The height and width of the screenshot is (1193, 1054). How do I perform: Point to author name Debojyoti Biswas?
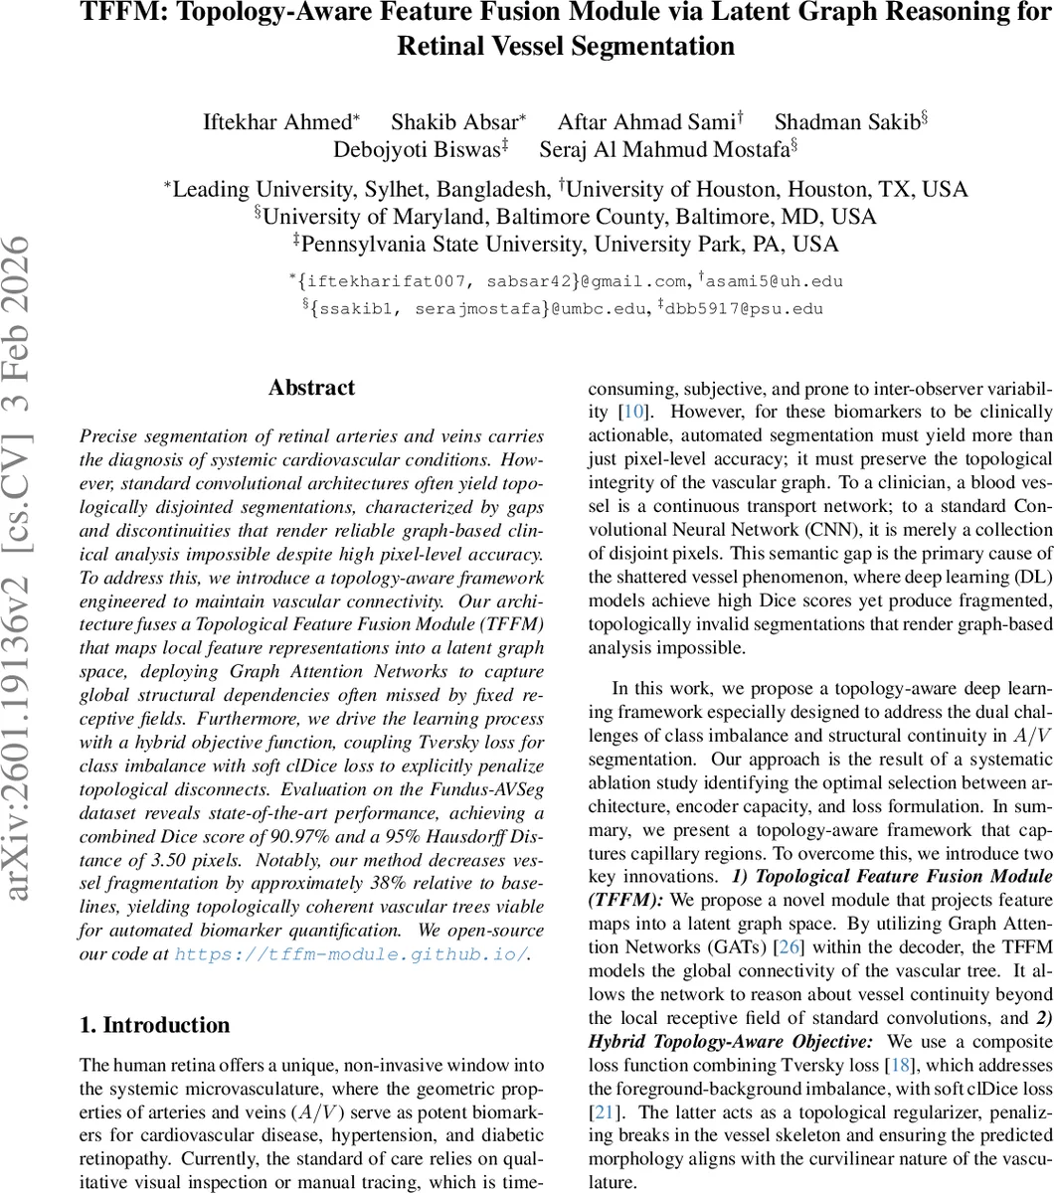point(418,149)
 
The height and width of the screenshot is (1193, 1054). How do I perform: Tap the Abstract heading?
point(311,388)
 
